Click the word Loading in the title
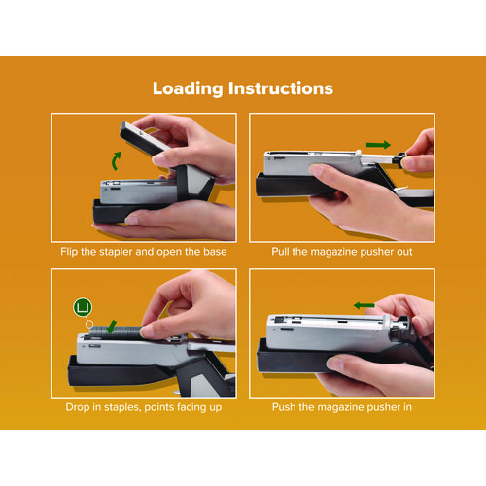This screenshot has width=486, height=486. tap(188, 88)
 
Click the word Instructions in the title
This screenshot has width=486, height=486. tap(281, 88)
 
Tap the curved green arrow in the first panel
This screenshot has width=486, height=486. tap(116, 161)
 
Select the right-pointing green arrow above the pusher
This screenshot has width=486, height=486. tap(378, 145)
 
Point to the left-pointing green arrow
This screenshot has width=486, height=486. tap(364, 305)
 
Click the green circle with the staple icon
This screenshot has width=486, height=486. tap(83, 307)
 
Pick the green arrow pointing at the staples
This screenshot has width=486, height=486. tap(112, 327)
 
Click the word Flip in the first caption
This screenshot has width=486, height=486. tap(69, 252)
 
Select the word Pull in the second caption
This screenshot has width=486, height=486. tap(280, 252)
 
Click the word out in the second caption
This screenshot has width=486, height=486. tap(404, 252)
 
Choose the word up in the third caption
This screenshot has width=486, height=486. tap(215, 408)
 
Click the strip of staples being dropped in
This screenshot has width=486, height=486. tap(115, 331)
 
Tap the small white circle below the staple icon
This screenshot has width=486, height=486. tap(89, 324)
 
